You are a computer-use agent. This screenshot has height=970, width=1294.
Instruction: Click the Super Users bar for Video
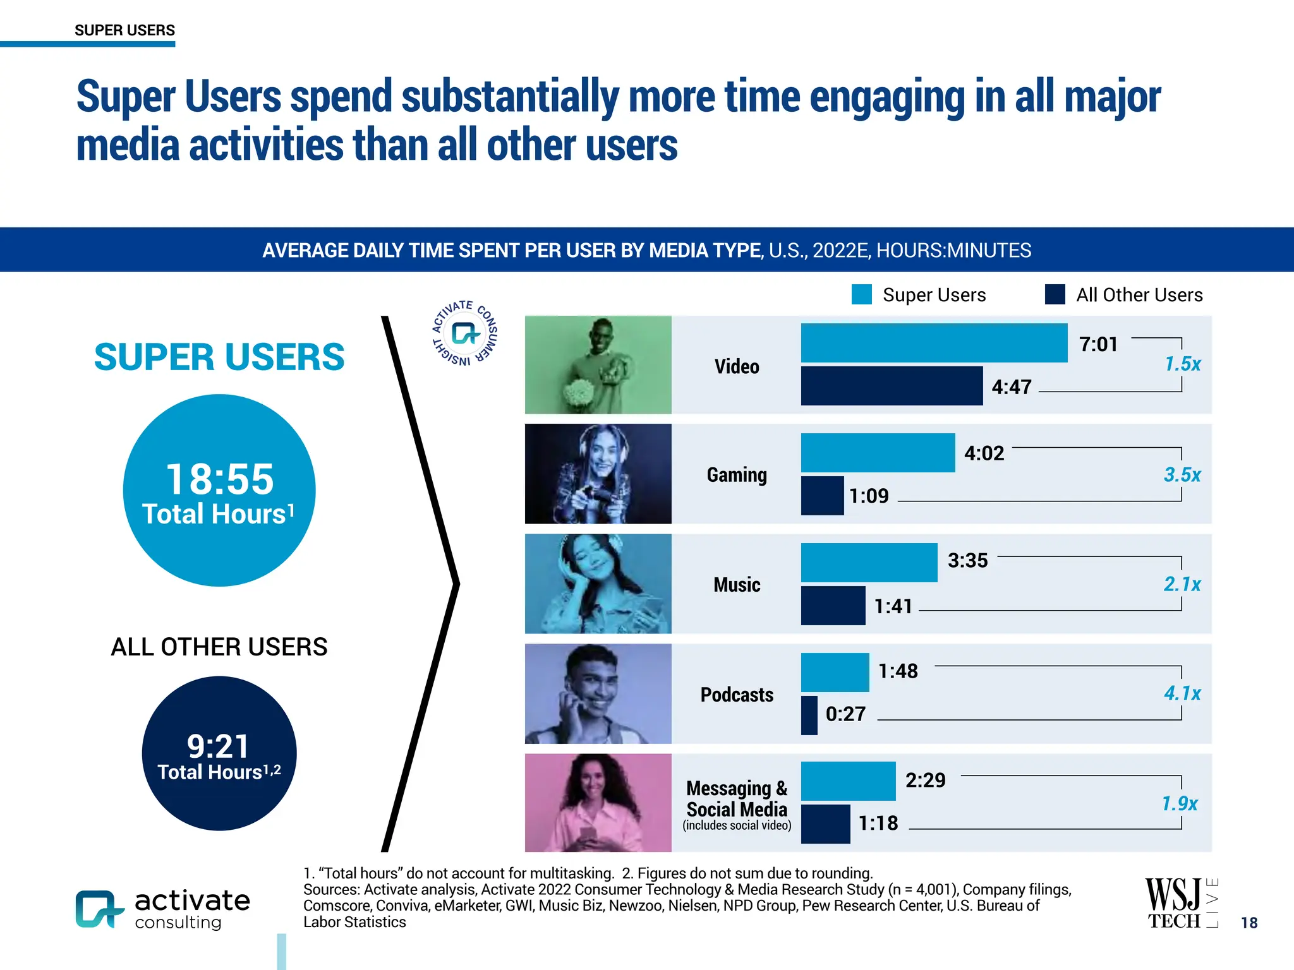[934, 343]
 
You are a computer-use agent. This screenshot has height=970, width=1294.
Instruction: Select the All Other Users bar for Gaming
[822, 496]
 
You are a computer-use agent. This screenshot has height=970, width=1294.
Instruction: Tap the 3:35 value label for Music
[967, 561]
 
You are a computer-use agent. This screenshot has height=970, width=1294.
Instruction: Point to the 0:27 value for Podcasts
[845, 714]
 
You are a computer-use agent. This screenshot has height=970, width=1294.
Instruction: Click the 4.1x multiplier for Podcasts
[1182, 693]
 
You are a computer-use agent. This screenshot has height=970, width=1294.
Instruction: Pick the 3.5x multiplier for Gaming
[1182, 475]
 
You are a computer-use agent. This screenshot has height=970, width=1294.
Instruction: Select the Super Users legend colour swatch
[862, 295]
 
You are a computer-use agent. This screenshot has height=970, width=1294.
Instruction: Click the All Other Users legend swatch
[1055, 295]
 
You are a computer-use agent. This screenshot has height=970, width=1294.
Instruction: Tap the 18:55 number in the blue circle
[219, 479]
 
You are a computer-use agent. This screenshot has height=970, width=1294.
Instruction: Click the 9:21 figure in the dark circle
[219, 746]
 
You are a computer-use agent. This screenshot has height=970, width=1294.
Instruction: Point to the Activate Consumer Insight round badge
[465, 333]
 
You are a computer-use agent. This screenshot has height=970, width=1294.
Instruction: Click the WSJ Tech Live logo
[1180, 903]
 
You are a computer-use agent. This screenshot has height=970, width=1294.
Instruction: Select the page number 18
[1249, 923]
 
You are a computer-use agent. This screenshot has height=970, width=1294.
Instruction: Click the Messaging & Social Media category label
[737, 799]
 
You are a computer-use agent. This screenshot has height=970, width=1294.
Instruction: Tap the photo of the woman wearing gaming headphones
[598, 474]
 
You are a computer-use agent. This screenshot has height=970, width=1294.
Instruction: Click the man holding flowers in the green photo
[598, 365]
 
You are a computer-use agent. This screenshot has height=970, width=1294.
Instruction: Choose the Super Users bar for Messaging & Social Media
[848, 781]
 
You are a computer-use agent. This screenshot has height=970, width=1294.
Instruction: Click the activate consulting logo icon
[99, 909]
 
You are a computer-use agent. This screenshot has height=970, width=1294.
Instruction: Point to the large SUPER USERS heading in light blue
[219, 357]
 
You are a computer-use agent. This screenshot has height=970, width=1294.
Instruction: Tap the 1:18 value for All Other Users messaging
[878, 823]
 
